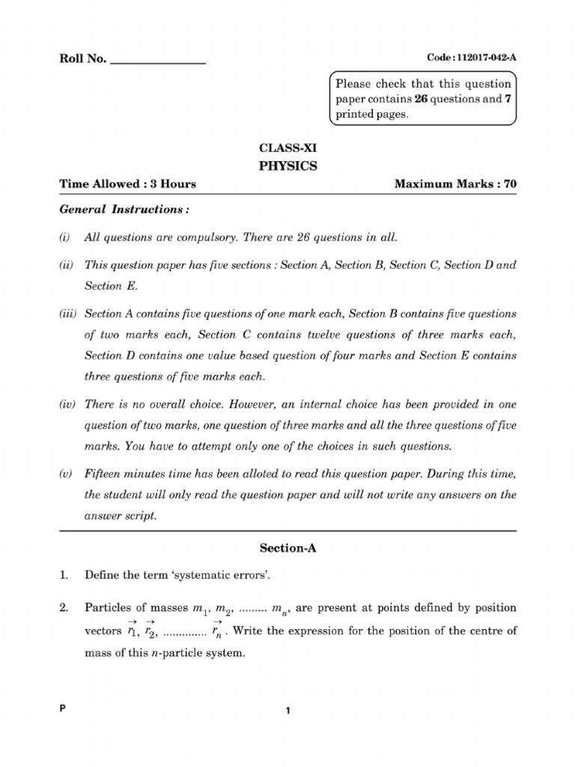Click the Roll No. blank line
157,62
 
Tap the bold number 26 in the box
420,100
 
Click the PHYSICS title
287,166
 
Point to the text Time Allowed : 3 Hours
127,184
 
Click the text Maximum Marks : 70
455,184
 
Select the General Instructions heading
114,209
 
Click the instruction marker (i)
65,238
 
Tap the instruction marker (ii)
67,266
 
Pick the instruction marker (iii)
68,313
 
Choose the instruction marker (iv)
67,405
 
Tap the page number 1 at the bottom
287,713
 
